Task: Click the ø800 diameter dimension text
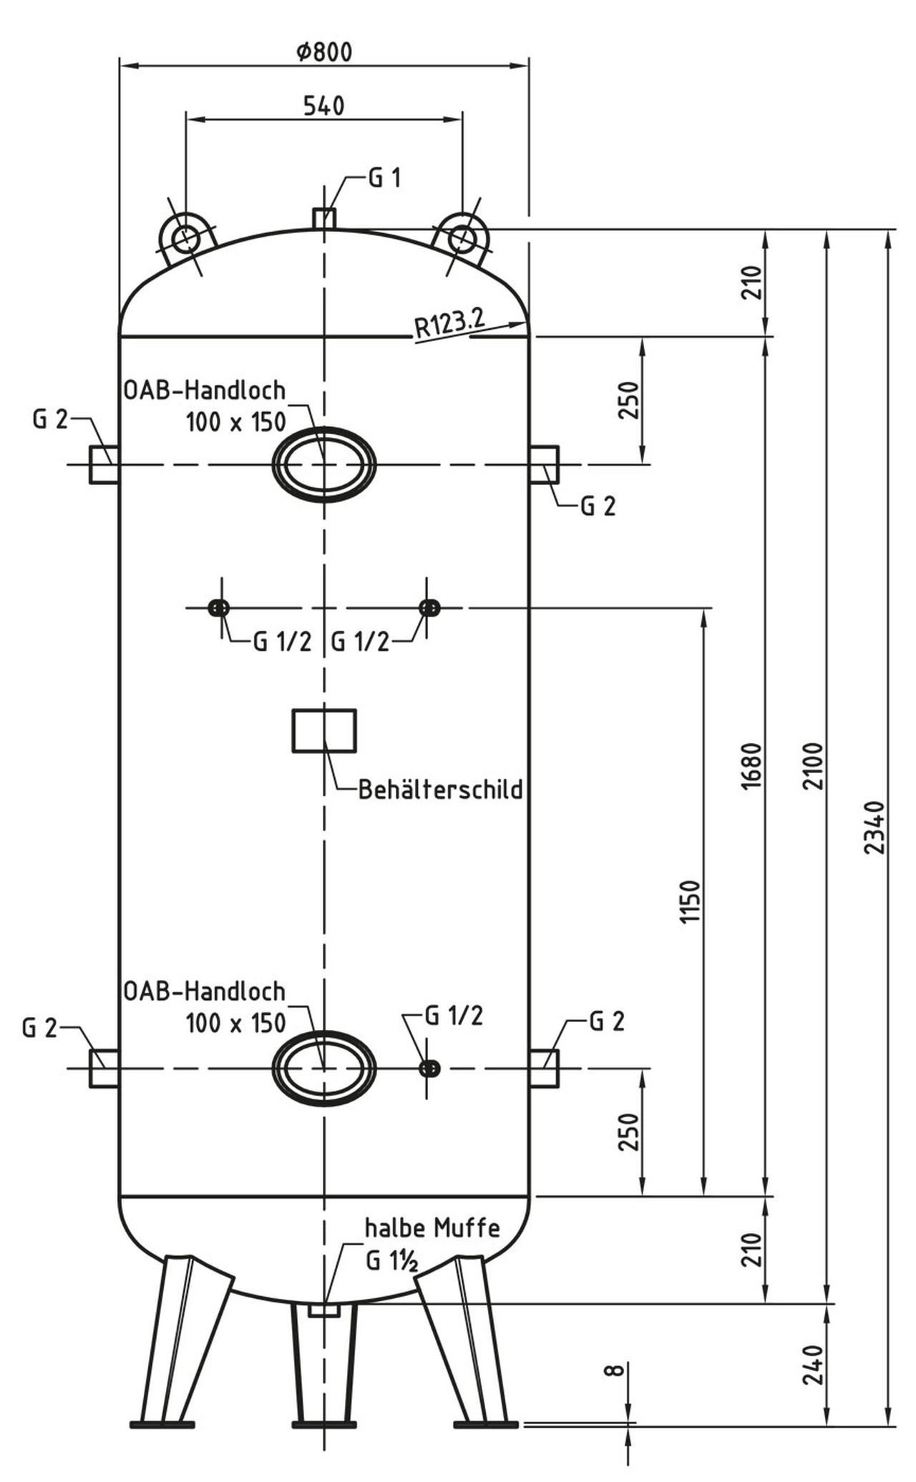pos(323,52)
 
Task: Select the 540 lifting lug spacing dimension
pos(323,106)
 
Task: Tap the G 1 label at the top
pos(384,178)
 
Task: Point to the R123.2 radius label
pos(449,324)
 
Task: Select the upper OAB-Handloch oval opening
pos(324,465)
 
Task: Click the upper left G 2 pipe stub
pos(104,465)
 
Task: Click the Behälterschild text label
pos(440,790)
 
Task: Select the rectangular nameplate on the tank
pos(324,730)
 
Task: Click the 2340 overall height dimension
pos(876,826)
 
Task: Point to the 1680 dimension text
pos(753,765)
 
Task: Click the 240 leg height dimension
pos(814,1365)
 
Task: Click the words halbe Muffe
pos(432,1229)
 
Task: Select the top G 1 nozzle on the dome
pos(324,217)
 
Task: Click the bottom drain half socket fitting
pos(324,1310)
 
